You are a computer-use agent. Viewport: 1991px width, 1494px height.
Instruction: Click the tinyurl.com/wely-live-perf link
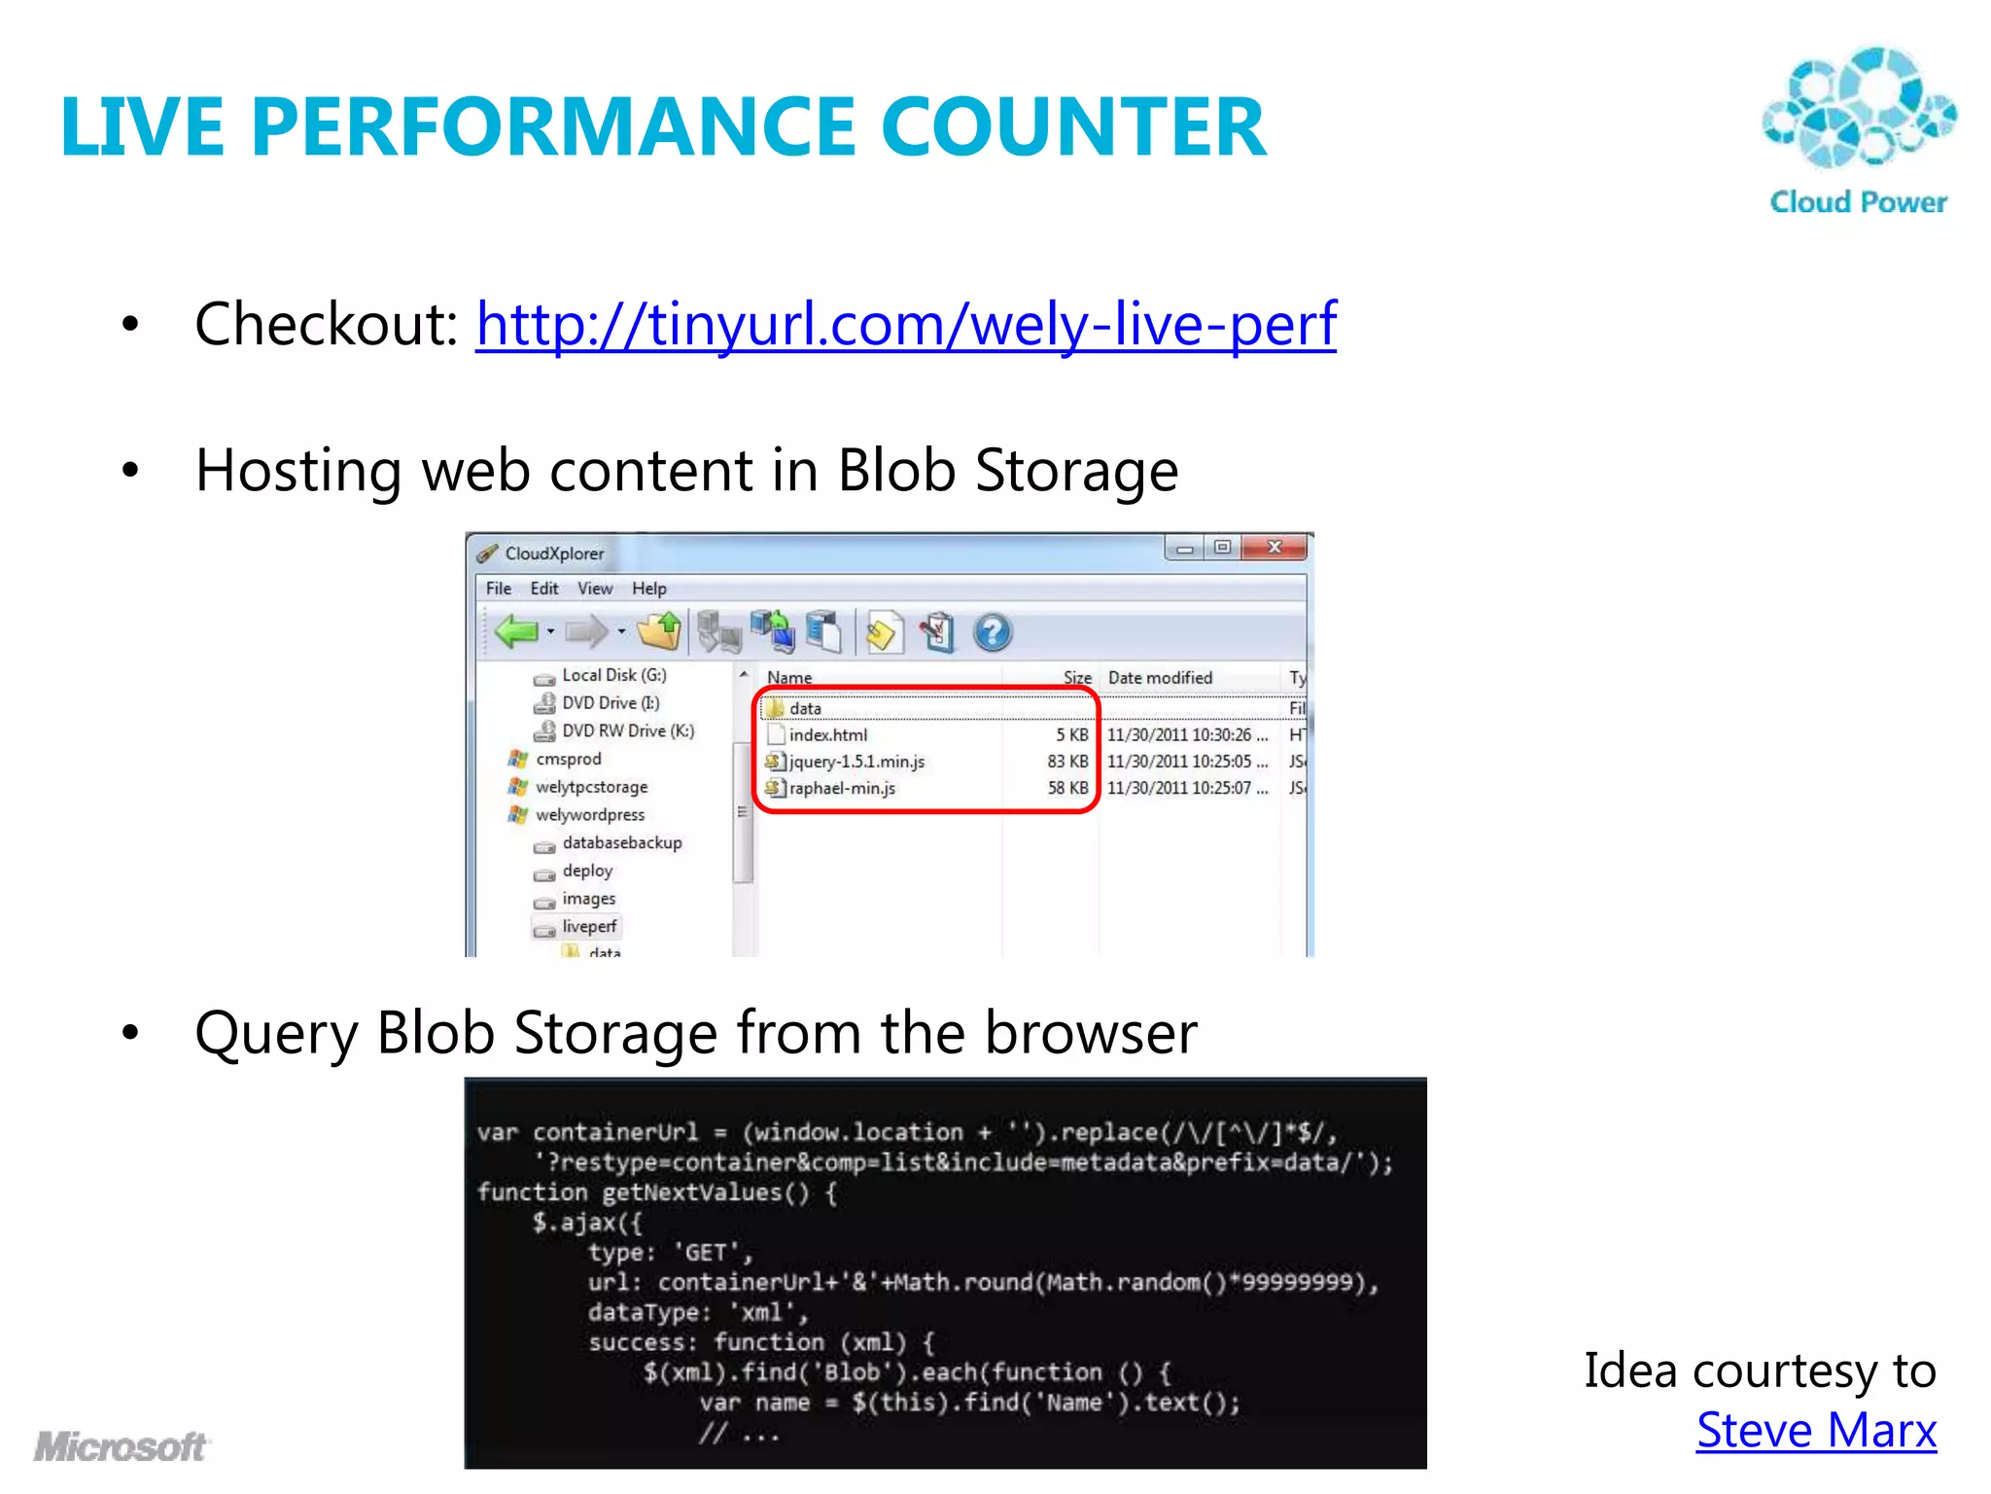pyautogui.click(x=905, y=325)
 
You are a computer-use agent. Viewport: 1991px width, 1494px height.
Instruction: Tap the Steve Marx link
pyautogui.click(x=1815, y=1431)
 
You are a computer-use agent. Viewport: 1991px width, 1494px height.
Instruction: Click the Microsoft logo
pyautogui.click(x=121, y=1447)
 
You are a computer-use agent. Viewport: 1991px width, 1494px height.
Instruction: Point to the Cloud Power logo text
pyautogui.click(x=1858, y=202)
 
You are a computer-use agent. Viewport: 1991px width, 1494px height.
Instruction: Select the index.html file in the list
pyautogui.click(x=827, y=735)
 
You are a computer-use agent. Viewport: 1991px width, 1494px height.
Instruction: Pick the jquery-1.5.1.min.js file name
pyautogui.click(x=856, y=762)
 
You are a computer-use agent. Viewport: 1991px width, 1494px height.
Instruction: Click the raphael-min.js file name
pyautogui.click(x=841, y=788)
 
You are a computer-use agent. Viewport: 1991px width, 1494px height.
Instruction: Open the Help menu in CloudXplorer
pyautogui.click(x=648, y=588)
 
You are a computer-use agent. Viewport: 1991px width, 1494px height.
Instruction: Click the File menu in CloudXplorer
pyautogui.click(x=498, y=588)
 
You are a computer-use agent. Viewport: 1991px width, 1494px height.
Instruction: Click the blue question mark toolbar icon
pyautogui.click(x=992, y=633)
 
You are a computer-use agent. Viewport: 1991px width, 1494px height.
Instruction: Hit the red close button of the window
pyautogui.click(x=1275, y=548)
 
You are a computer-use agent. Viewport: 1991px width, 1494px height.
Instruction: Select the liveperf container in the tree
pyautogui.click(x=588, y=927)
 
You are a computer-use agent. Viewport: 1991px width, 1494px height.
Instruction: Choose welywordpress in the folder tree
pyautogui.click(x=589, y=815)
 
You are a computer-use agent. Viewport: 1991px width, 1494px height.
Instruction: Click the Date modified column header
pyautogui.click(x=1160, y=678)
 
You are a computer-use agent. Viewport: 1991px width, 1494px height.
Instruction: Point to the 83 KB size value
pyautogui.click(x=1066, y=762)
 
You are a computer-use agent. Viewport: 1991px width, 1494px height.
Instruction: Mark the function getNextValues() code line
pyautogui.click(x=656, y=1192)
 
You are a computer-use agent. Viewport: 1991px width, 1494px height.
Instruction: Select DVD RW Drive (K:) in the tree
pyautogui.click(x=627, y=730)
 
